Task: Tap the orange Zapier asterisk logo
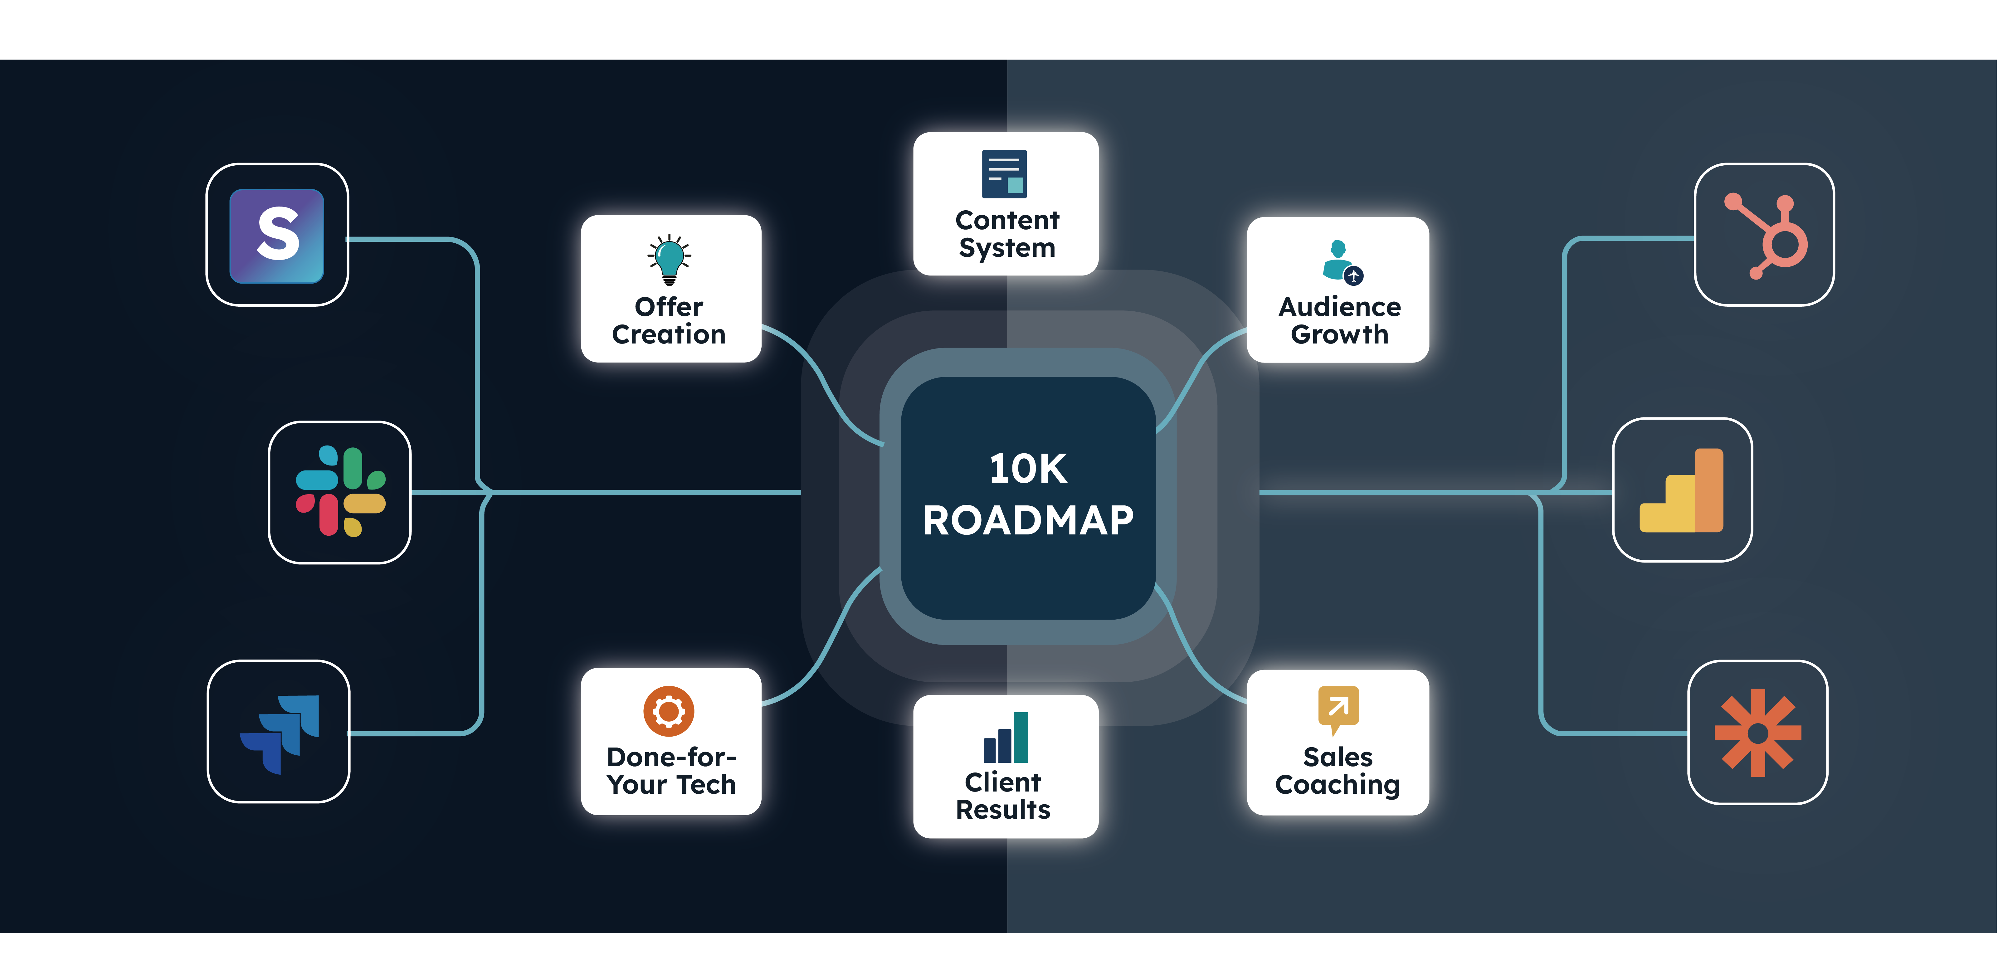tap(1757, 732)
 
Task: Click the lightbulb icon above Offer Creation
tap(669, 260)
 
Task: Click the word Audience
tap(1339, 307)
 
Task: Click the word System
tap(1007, 248)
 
